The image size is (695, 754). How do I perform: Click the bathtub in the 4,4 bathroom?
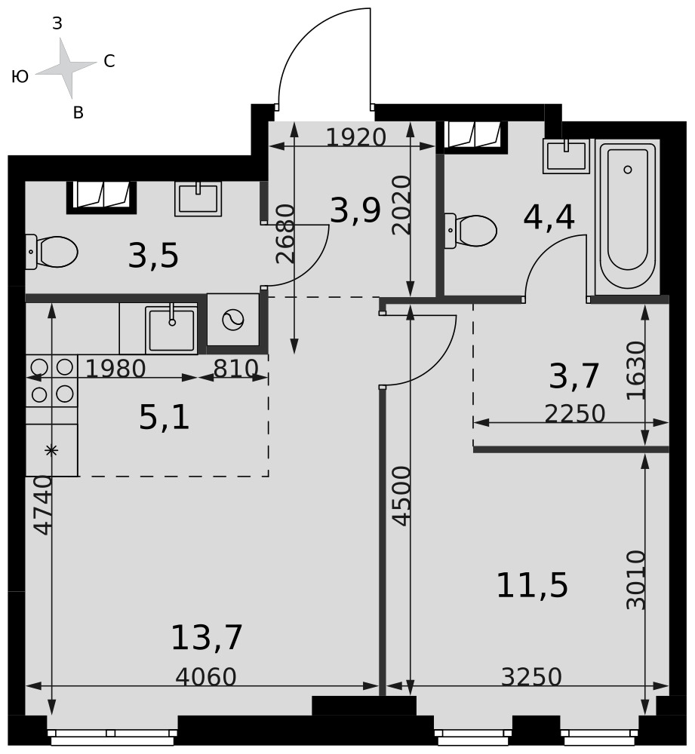pos(627,217)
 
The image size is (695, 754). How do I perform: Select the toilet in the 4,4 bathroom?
pos(470,231)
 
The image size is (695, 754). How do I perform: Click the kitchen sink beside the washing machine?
pos(171,329)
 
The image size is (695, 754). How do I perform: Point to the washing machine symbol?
pos(233,320)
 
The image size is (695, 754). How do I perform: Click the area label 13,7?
pos(207,638)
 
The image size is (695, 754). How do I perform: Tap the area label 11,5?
pos(532,585)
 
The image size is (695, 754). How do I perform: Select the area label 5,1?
pos(164,417)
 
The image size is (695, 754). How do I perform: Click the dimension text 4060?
pos(205,677)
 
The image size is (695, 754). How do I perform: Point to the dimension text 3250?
pos(531,677)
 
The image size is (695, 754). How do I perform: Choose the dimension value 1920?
pos(355,137)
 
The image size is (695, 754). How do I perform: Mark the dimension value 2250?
pos(575,413)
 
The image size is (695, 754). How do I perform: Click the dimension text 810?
pos(236,369)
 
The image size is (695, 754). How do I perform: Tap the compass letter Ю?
pos(20,76)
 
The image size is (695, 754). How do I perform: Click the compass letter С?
pos(109,61)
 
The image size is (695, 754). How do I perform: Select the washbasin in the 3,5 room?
pos(198,198)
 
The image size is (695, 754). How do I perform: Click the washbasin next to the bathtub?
pos(567,156)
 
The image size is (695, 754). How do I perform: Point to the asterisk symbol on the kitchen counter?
pos(51,451)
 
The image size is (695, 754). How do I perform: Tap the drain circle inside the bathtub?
pos(628,169)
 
